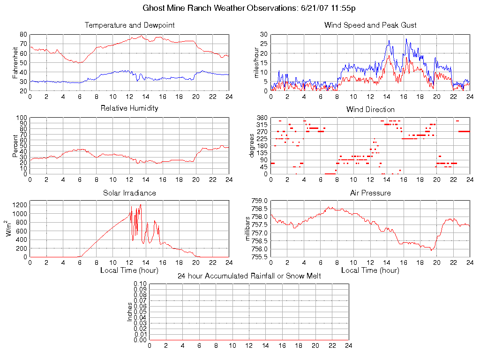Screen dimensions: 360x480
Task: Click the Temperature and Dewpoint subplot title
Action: [129, 25]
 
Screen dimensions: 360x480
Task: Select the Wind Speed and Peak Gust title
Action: [370, 25]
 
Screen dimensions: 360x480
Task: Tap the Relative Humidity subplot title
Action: [129, 108]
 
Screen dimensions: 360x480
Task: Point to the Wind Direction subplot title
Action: [370, 109]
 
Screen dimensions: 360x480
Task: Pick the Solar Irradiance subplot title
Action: [129, 193]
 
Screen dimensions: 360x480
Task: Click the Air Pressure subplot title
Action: [370, 193]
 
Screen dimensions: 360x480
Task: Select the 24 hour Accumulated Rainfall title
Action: [249, 276]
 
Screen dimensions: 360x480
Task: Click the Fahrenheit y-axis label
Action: [15, 62]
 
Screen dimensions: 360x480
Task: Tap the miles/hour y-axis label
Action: [256, 62]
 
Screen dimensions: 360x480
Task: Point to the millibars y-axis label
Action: [249, 229]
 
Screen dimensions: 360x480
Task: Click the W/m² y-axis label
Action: [9, 229]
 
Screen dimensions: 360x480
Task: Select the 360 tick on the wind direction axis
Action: [262, 118]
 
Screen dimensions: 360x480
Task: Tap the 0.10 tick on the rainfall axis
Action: [140, 284]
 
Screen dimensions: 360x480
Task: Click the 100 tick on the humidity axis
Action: [22, 118]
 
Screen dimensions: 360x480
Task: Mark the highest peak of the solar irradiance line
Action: [141, 204]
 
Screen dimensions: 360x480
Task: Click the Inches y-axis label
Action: [130, 312]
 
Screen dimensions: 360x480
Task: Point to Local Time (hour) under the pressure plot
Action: [370, 270]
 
